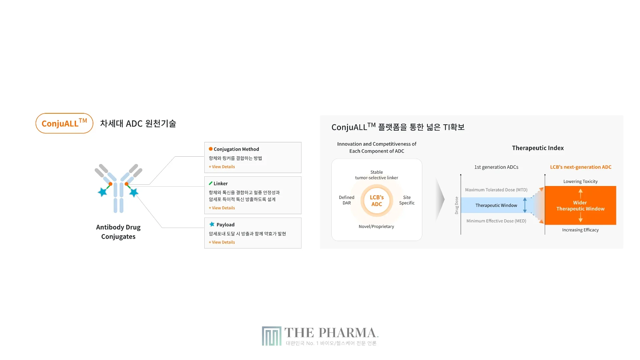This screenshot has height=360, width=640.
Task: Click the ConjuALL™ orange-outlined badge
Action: pyautogui.click(x=64, y=123)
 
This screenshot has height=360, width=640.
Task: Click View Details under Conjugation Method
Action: pyautogui.click(x=222, y=167)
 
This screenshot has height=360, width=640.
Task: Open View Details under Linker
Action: pyautogui.click(x=222, y=208)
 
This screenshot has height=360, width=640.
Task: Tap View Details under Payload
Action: pyautogui.click(x=222, y=242)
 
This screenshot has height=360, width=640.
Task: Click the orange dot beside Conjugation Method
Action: pyautogui.click(x=211, y=149)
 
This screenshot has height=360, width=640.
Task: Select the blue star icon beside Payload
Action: pyautogui.click(x=212, y=224)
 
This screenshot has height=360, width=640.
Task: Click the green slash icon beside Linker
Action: pyautogui.click(x=211, y=183)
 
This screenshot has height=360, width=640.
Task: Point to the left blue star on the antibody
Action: pyautogui.click(x=103, y=192)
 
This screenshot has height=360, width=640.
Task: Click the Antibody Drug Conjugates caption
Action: pyautogui.click(x=118, y=232)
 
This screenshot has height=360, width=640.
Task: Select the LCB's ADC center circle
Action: pyautogui.click(x=377, y=201)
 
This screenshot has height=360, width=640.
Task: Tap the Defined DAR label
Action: pyautogui.click(x=347, y=200)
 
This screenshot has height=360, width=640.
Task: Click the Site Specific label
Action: pyautogui.click(x=407, y=200)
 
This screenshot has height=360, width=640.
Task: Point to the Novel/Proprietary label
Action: pyautogui.click(x=376, y=226)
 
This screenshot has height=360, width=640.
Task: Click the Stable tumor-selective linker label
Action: pyautogui.click(x=377, y=175)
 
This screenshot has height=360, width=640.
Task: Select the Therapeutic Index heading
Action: pyautogui.click(x=538, y=148)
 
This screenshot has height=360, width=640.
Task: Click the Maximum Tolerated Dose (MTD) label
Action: pyautogui.click(x=496, y=190)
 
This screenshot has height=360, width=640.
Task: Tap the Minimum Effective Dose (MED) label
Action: pyautogui.click(x=496, y=221)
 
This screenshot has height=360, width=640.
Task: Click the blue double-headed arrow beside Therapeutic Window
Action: pyautogui.click(x=525, y=205)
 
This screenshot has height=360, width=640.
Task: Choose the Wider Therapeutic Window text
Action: pyautogui.click(x=580, y=206)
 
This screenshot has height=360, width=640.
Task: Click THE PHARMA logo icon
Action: pyautogui.click(x=272, y=336)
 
